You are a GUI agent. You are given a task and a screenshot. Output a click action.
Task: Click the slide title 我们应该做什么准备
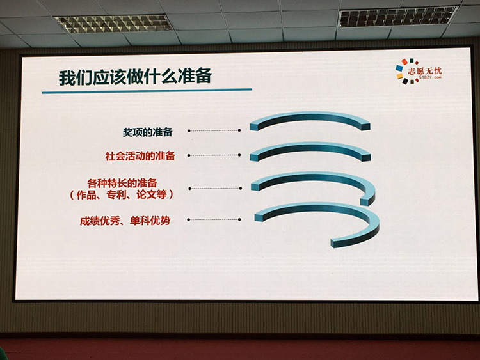[135, 77]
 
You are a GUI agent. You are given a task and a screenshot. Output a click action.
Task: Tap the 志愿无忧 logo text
[424, 71]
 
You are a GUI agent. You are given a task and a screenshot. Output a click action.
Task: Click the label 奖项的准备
[148, 132]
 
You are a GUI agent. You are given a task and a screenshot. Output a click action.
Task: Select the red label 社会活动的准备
[140, 156]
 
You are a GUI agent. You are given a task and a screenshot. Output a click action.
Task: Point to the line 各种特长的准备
[122, 184]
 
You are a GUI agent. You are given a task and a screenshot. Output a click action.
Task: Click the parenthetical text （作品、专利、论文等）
[122, 195]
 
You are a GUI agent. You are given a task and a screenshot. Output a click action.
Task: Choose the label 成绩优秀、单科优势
[125, 221]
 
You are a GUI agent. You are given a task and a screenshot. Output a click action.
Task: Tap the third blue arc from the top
[312, 176]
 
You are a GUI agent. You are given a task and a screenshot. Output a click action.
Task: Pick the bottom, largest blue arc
[317, 208]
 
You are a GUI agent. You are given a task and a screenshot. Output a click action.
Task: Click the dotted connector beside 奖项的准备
[214, 130]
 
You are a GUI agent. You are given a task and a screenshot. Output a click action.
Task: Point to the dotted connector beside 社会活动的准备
[214, 155]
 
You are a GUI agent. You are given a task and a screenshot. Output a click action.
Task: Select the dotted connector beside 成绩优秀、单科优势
[214, 219]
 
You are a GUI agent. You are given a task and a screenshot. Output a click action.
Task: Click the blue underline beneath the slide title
[147, 91]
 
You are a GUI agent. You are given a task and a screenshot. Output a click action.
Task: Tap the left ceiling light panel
[113, 24]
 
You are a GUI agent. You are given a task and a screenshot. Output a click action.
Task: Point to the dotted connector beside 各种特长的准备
[215, 189]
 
